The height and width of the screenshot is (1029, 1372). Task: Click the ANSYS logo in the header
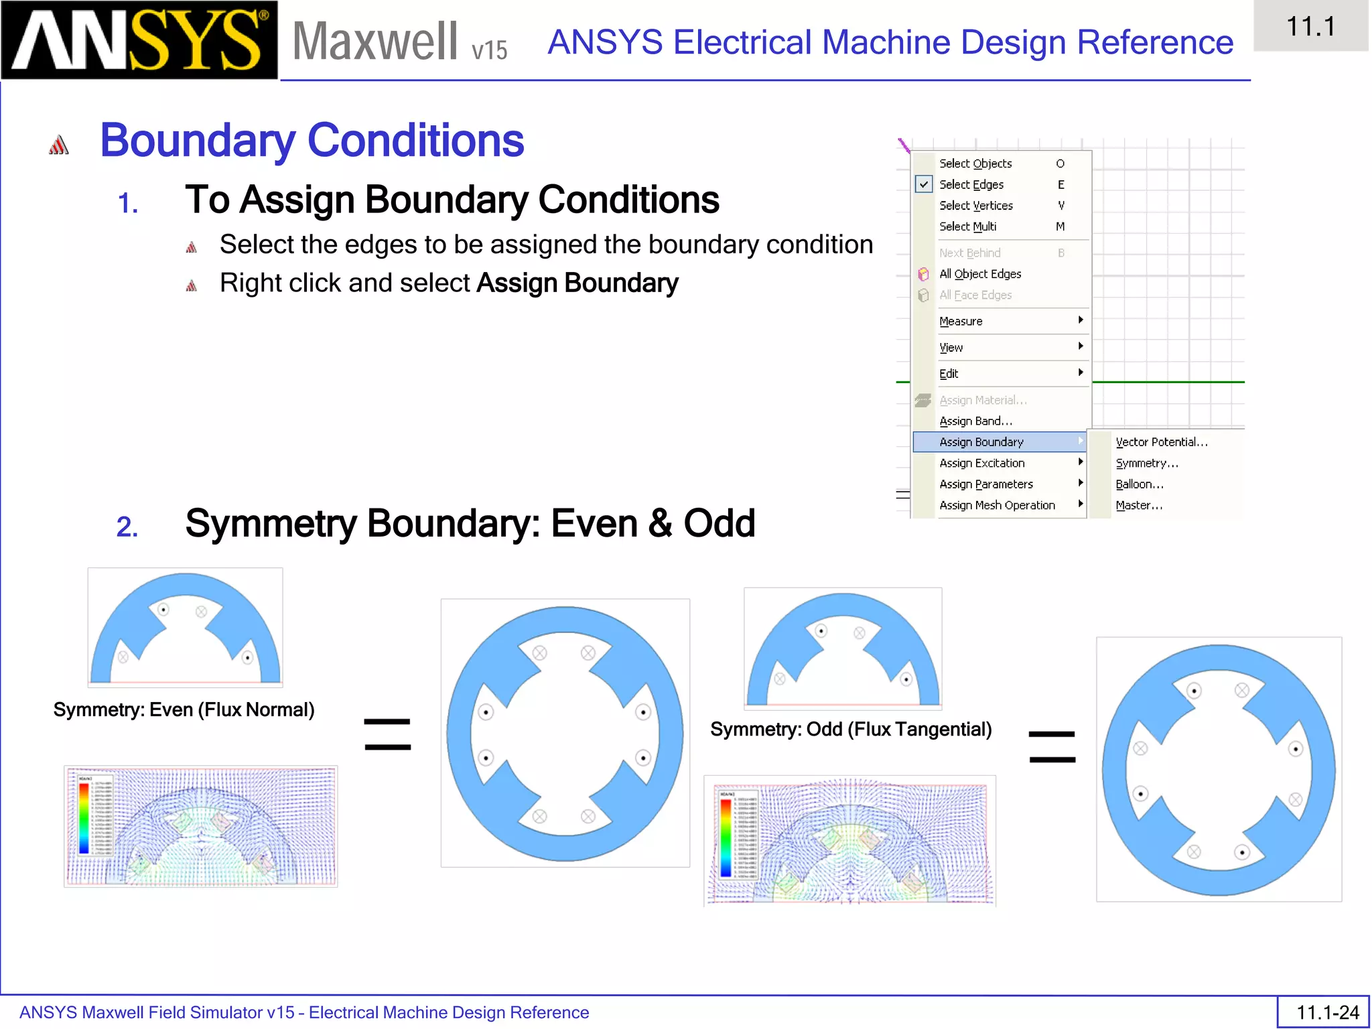point(139,40)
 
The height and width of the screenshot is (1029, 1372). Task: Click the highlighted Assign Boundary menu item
point(981,442)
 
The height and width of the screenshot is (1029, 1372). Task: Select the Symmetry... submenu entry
point(1146,464)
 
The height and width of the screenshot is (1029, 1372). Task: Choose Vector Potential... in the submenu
point(1161,442)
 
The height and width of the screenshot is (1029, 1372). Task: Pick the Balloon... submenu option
point(1139,484)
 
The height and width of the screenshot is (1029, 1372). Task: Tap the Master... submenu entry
point(1138,506)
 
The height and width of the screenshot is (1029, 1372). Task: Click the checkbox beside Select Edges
point(923,184)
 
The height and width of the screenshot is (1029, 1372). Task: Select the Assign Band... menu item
point(975,421)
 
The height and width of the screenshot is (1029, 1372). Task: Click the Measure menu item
point(961,322)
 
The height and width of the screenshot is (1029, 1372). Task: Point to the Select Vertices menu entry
point(975,206)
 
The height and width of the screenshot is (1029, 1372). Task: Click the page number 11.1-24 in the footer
point(1327,1012)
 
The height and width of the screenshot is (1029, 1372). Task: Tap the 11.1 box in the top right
point(1310,27)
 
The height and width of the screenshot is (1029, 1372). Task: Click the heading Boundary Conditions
point(312,141)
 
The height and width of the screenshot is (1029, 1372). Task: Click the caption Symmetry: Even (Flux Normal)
point(184,710)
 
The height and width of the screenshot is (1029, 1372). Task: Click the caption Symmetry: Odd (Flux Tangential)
point(850,730)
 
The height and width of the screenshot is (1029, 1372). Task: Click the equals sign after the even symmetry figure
point(387,734)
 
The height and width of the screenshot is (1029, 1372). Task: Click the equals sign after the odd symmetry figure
point(1052,747)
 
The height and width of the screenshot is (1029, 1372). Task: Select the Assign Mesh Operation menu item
point(997,506)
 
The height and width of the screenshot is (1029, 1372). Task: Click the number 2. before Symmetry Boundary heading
point(127,527)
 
